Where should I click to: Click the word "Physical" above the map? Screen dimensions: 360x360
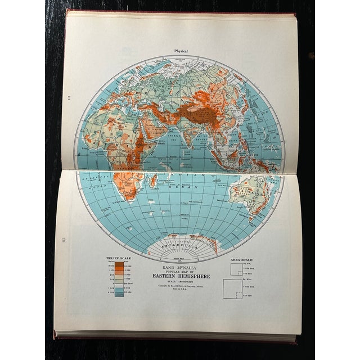tap(181, 51)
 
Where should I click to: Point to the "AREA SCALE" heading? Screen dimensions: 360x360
tap(242, 260)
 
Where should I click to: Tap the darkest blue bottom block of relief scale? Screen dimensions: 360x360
tap(120, 293)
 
